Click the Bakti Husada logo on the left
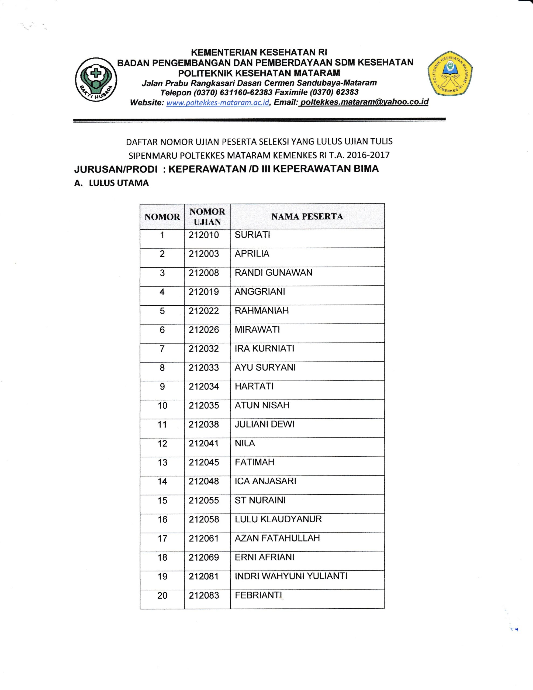[x=96, y=79]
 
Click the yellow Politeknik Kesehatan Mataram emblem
[x=450, y=73]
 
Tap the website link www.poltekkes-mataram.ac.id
[x=218, y=103]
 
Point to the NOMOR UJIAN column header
[x=207, y=216]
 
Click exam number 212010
[x=204, y=235]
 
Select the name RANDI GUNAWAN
[x=273, y=273]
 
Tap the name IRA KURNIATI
[x=264, y=349]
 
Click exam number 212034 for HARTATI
[x=204, y=387]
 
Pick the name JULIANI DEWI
[x=264, y=424]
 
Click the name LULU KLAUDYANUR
[x=278, y=519]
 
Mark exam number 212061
[x=204, y=538]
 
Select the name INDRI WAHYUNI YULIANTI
[x=291, y=576]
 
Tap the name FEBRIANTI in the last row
[x=258, y=595]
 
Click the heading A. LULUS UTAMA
[x=111, y=183]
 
